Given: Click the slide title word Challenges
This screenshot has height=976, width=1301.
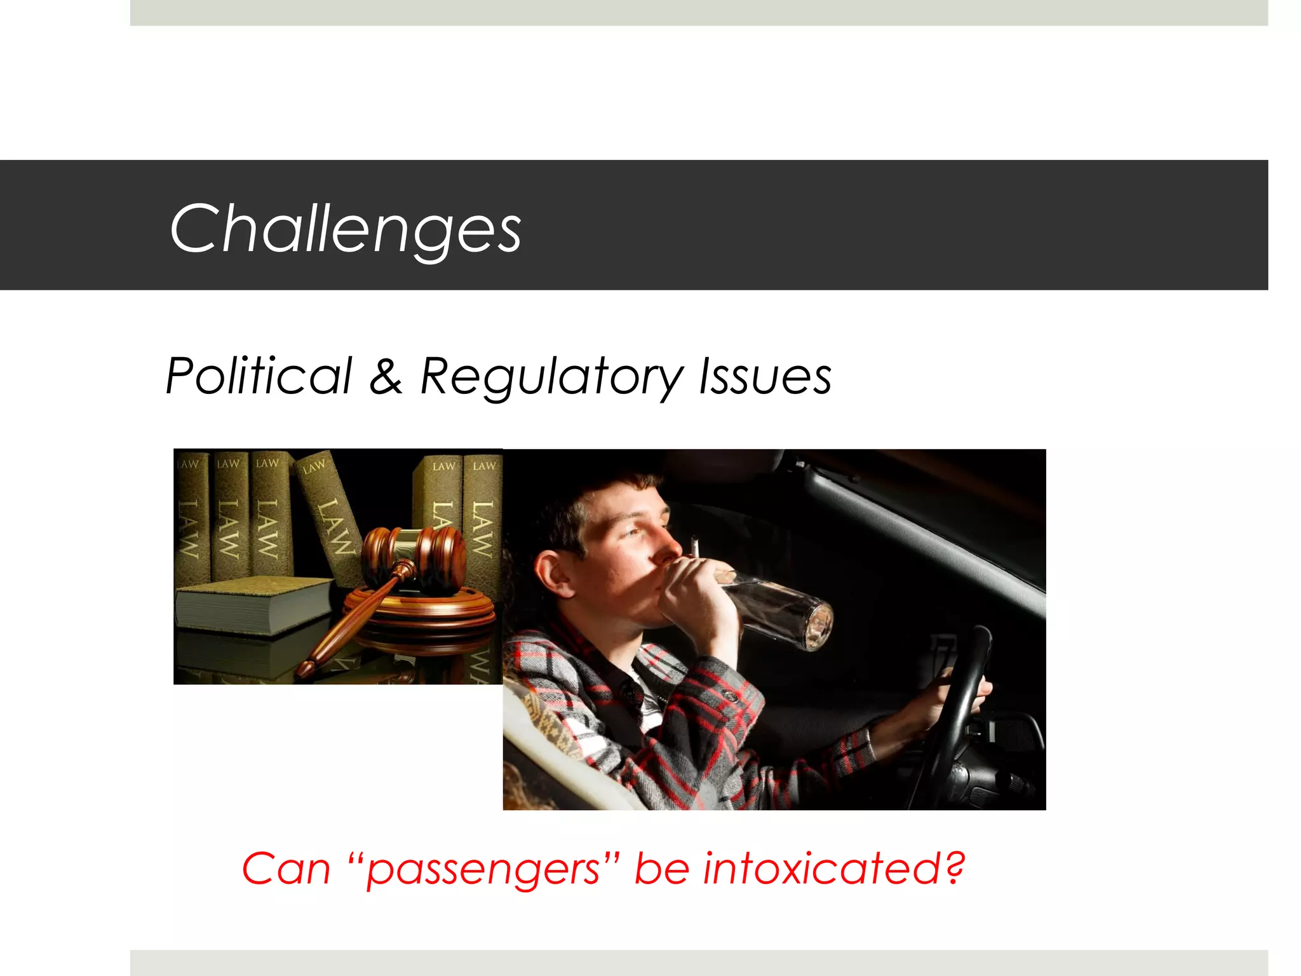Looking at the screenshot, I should point(345,229).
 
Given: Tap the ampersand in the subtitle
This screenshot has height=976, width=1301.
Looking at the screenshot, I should point(386,376).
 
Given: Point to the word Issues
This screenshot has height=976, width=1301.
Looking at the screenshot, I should point(765,376).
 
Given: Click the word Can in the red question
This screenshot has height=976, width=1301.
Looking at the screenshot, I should point(286,869).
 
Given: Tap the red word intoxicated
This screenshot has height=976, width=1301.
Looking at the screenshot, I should point(823,869).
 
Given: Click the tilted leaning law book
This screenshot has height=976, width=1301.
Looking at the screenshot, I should point(330,515).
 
